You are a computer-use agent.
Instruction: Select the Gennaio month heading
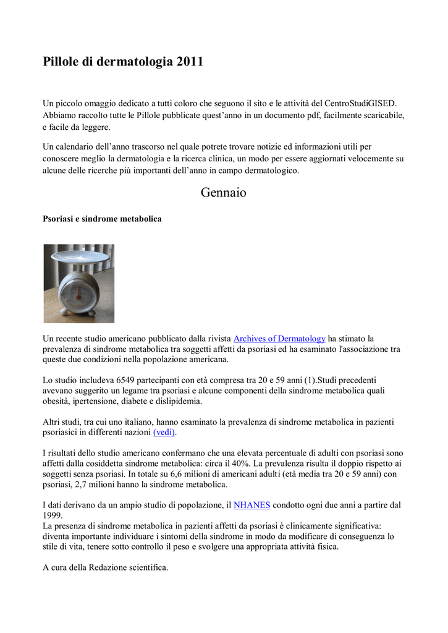pos(224,193)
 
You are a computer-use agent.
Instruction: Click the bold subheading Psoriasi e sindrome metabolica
pos(102,219)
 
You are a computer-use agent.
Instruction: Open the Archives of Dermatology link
pos(279,339)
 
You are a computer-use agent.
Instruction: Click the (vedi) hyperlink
pos(164,431)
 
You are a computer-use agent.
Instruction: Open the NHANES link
pos(251,505)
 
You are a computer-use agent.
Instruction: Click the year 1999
pos(53,515)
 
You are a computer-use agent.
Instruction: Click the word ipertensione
pos(92,401)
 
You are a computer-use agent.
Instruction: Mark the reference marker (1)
pos(302,380)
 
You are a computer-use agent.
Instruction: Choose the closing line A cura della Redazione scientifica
pos(105,567)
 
